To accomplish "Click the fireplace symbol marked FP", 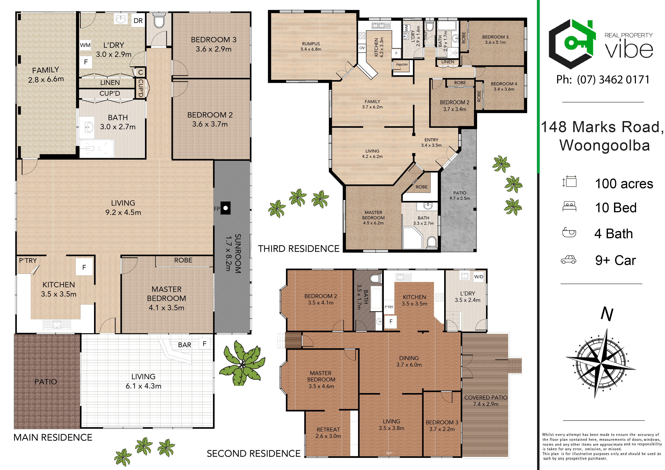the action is (x=225, y=208).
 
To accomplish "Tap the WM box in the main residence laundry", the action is (x=85, y=45).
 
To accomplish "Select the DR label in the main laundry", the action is (x=138, y=20).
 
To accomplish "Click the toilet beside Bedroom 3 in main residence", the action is (x=159, y=20).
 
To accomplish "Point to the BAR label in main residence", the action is (x=184, y=345).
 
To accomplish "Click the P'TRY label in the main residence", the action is (x=28, y=260).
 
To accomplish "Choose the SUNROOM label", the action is (x=238, y=254).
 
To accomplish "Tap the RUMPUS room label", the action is (x=311, y=44).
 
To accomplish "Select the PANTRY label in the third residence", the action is (x=402, y=65).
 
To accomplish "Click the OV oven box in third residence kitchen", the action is (x=362, y=48).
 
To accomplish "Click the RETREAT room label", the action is (x=328, y=429).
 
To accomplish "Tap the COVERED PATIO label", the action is (x=486, y=397).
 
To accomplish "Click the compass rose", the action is (x=600, y=363).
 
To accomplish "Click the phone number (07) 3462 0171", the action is (x=613, y=80).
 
